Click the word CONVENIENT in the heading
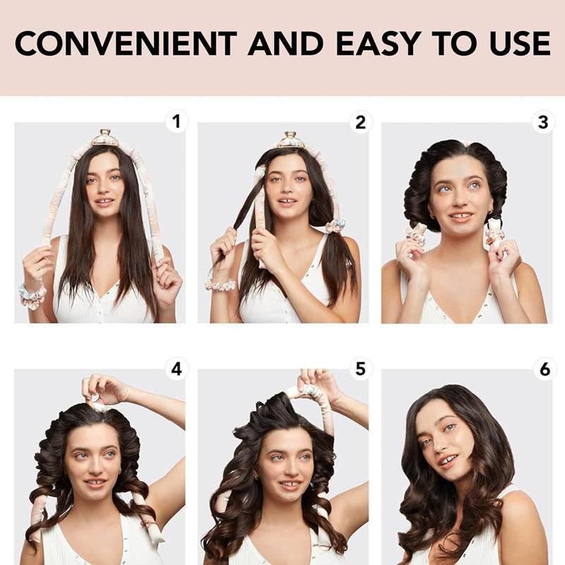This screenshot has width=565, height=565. point(126,43)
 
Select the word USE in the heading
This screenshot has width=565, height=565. point(520,43)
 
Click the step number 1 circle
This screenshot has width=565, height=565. point(176,121)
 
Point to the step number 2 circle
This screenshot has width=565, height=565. point(360,122)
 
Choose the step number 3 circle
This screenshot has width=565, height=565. point(543,122)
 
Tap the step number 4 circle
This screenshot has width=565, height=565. point(176,369)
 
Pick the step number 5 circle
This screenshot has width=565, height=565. point(360,369)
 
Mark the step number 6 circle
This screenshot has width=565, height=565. point(545,369)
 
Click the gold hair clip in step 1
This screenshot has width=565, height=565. point(105,138)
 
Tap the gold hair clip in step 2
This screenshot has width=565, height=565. point(291,140)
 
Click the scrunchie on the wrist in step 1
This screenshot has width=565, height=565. point(32,295)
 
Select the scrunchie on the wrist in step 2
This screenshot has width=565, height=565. point(220,285)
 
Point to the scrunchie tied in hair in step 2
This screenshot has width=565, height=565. point(335,226)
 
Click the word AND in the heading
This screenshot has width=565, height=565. point(286,43)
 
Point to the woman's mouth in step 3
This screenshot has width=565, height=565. point(461,217)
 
